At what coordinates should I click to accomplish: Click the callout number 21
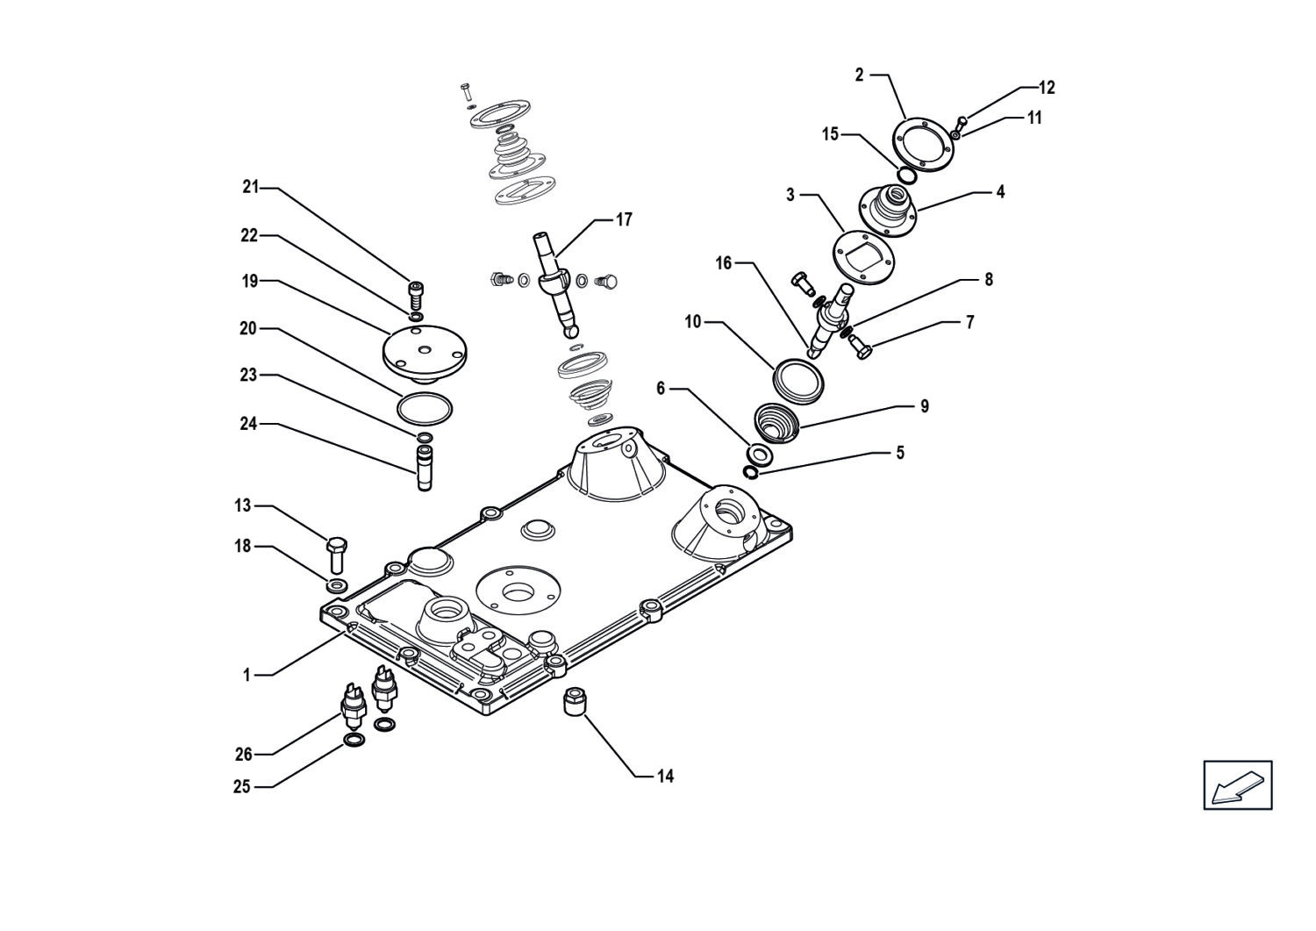[251, 188]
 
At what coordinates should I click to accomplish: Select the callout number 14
[665, 777]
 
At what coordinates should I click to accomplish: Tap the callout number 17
[623, 220]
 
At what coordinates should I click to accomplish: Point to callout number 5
[899, 453]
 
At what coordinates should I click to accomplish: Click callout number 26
[243, 754]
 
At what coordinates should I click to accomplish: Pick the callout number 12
[1047, 88]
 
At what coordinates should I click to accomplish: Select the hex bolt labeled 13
[336, 554]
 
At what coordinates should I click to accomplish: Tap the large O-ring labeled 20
[425, 408]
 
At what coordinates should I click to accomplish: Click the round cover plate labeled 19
[424, 354]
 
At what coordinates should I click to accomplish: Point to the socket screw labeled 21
[416, 297]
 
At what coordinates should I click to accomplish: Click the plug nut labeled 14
[572, 701]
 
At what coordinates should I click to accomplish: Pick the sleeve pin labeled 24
[424, 468]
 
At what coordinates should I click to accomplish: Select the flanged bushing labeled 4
[889, 211]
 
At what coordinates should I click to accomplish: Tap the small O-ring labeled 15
[906, 175]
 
